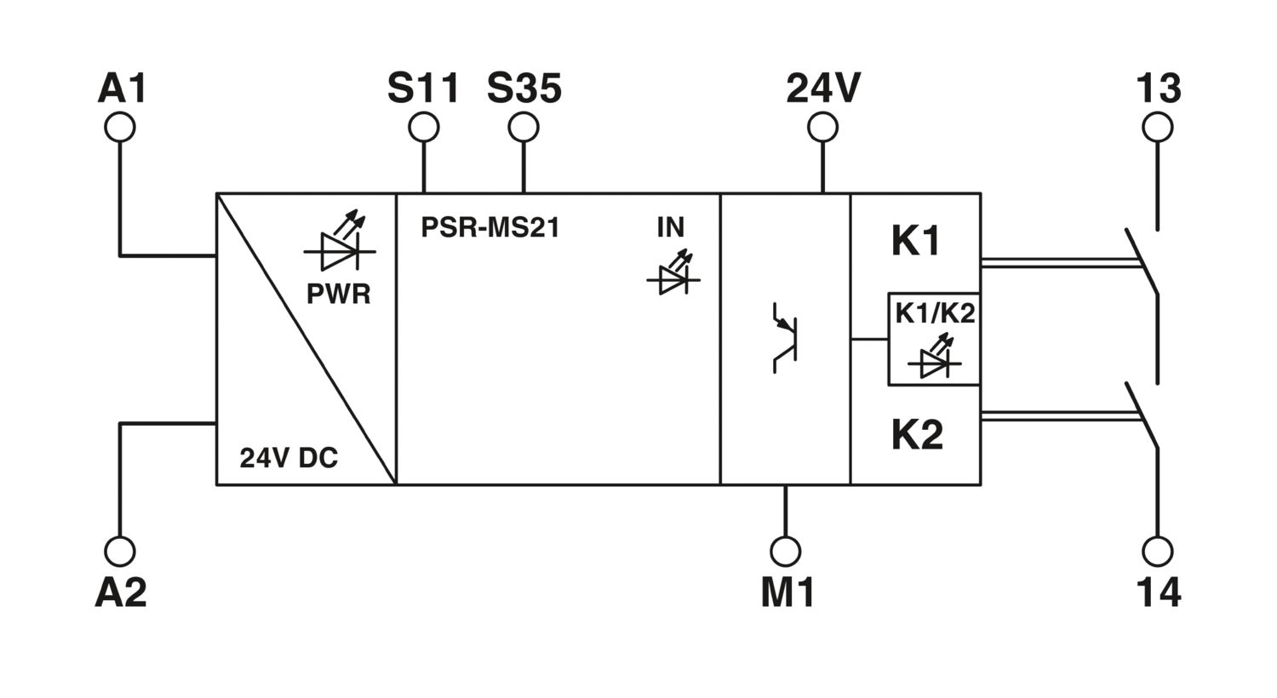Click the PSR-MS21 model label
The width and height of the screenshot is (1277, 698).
pyautogui.click(x=490, y=227)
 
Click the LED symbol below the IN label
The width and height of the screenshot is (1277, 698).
pyautogui.click(x=673, y=272)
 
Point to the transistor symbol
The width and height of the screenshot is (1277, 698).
pyautogui.click(x=784, y=338)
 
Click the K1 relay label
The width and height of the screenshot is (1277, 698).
pyautogui.click(x=915, y=241)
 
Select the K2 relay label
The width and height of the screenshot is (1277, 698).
pyautogui.click(x=917, y=435)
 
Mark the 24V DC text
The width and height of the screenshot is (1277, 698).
pyautogui.click(x=289, y=458)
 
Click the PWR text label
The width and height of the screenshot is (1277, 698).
pyautogui.click(x=339, y=294)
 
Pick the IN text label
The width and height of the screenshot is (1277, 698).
pyautogui.click(x=671, y=227)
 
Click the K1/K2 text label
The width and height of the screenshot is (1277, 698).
pyautogui.click(x=935, y=313)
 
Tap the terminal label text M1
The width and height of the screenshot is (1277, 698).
pyautogui.click(x=787, y=592)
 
